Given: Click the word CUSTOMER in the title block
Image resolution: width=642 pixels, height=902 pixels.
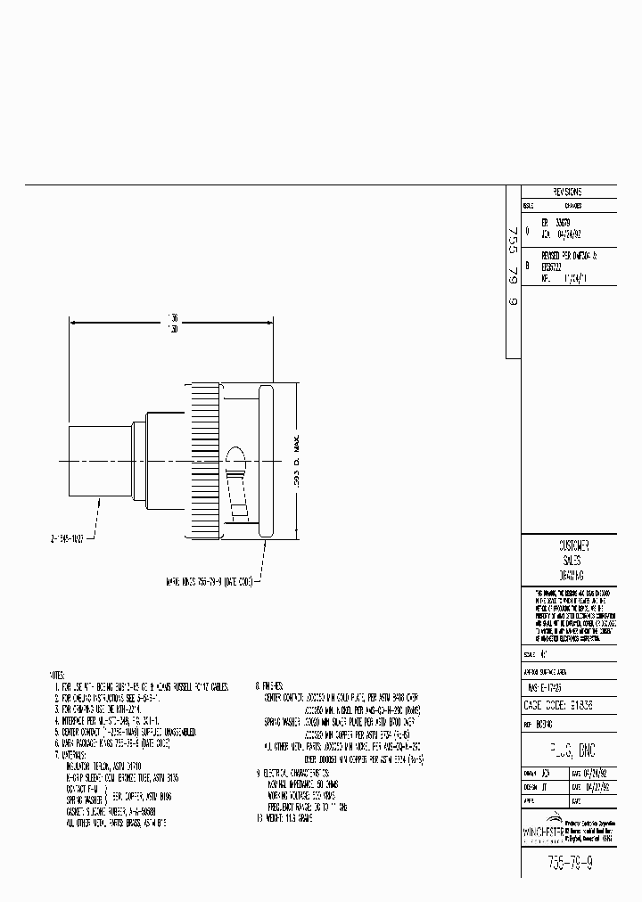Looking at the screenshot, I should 568,545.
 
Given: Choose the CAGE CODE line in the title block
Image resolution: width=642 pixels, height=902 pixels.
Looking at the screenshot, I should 567,703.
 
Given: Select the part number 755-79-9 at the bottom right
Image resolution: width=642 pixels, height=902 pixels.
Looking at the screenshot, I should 567,863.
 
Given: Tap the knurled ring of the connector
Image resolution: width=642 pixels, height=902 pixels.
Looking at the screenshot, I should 202,461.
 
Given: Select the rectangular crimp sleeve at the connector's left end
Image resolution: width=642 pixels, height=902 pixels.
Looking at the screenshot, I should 98,460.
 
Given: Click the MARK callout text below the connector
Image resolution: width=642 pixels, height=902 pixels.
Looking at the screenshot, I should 210,581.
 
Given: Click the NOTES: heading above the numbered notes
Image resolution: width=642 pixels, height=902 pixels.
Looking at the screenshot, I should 58,676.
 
